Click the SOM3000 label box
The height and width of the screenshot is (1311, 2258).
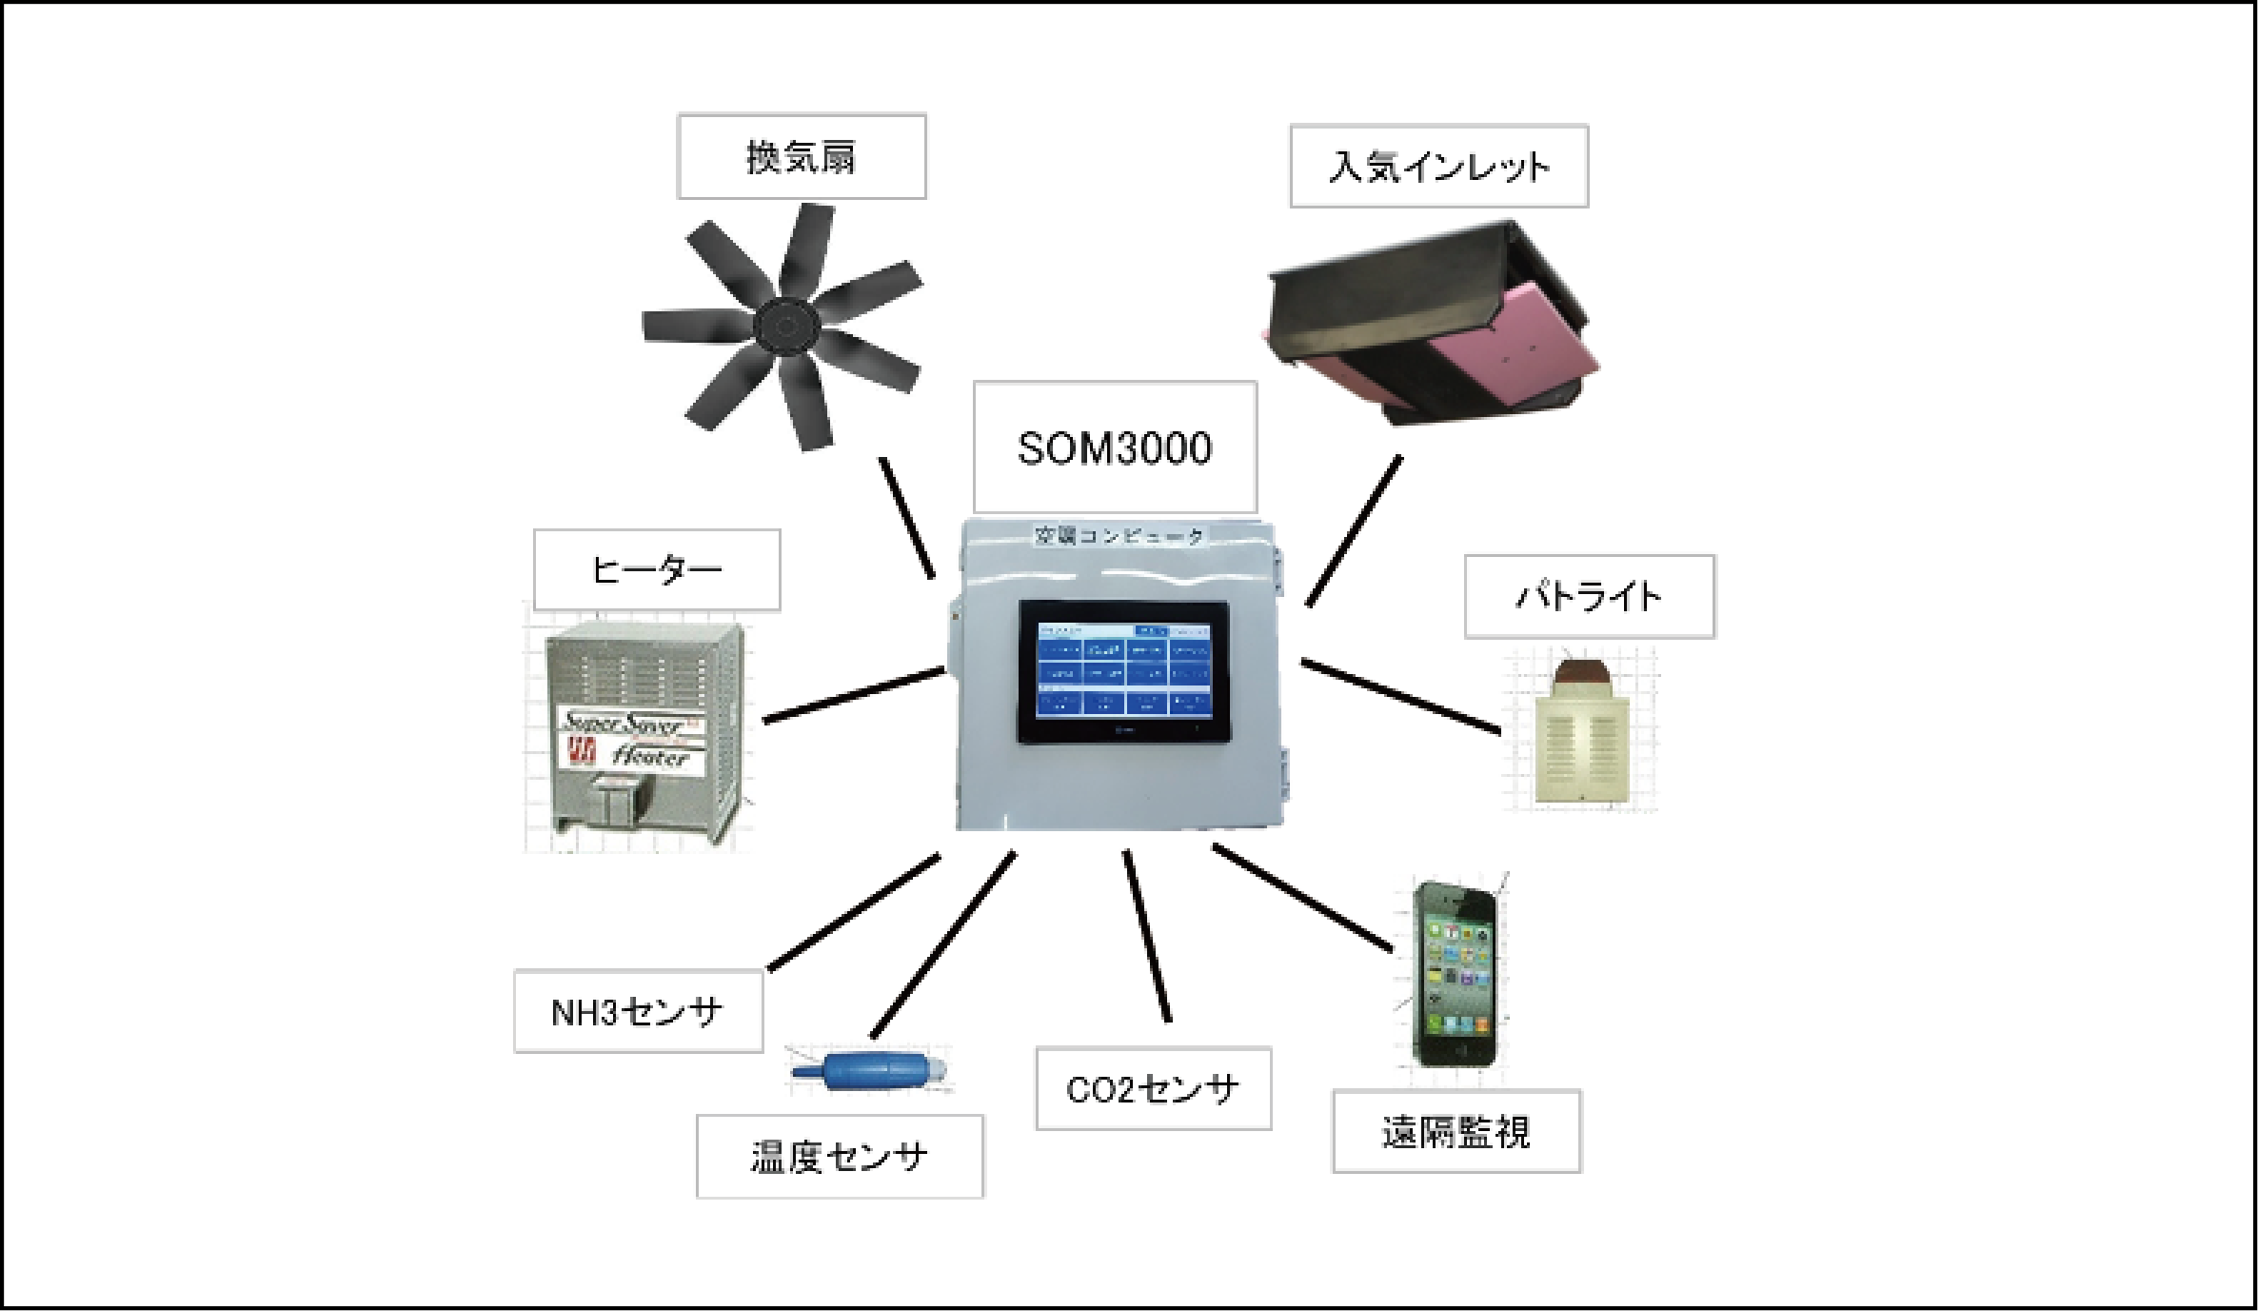pyautogui.click(x=1115, y=447)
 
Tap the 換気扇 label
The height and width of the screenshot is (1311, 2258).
pyautogui.click(x=801, y=157)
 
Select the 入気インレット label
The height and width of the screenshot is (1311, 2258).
pyautogui.click(x=1438, y=167)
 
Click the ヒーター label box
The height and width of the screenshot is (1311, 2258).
pyautogui.click(x=657, y=569)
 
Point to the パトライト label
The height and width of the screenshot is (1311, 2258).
pyautogui.click(x=1589, y=597)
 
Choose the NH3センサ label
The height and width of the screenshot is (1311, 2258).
pyautogui.click(x=638, y=1011)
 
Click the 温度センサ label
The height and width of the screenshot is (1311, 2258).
pyautogui.click(x=840, y=1157)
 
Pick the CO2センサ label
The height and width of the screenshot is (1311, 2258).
pyautogui.click(x=1153, y=1089)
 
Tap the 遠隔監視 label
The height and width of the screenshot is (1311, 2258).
pyautogui.click(x=1456, y=1132)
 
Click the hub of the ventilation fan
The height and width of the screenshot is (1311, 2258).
pyautogui.click(x=786, y=327)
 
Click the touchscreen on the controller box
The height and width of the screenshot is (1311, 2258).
pyautogui.click(x=1123, y=671)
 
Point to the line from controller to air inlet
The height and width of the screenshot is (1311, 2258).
pyautogui.click(x=1355, y=530)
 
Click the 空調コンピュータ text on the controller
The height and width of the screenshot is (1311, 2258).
pyautogui.click(x=1119, y=536)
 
